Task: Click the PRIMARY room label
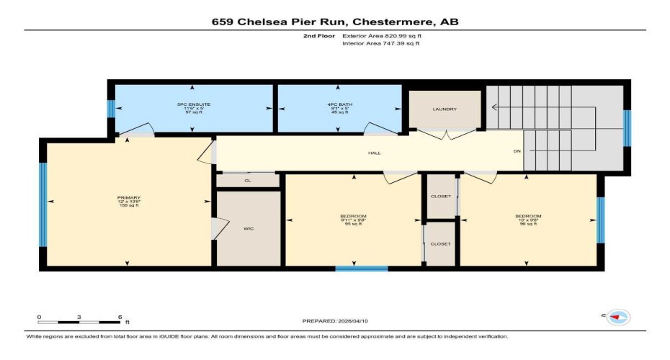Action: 129,198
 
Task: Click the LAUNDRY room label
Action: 445,109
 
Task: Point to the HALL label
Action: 374,153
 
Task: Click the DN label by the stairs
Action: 516,152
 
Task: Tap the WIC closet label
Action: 248,228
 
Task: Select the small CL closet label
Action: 248,181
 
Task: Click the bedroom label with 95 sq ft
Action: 353,216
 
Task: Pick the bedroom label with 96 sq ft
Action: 527,216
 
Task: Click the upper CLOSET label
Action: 440,197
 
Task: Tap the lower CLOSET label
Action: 440,244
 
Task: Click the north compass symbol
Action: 618,317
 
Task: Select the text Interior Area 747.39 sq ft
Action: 380,44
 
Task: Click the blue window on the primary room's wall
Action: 43,204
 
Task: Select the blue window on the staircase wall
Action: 627,127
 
